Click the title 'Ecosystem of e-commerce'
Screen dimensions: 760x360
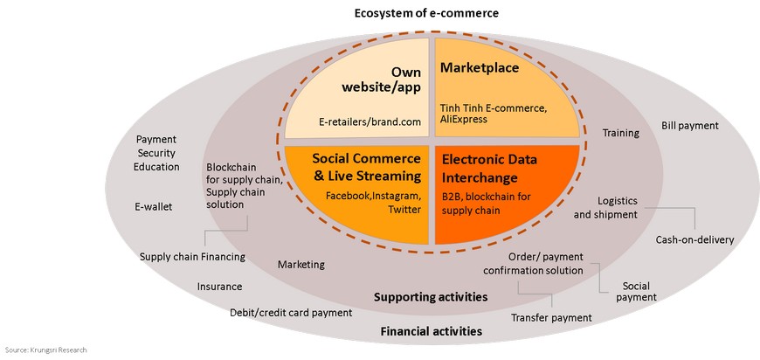click(x=426, y=13)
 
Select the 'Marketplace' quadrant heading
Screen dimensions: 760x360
click(x=479, y=68)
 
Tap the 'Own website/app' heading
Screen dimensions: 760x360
click(x=382, y=80)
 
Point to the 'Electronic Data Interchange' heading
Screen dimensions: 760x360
click(x=489, y=169)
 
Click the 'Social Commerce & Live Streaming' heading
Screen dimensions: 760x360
click(x=367, y=167)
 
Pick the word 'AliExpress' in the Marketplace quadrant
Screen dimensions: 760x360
click(x=464, y=119)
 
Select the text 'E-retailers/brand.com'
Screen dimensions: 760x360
click(x=370, y=121)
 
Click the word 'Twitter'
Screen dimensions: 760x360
click(x=404, y=210)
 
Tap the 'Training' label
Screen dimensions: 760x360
click(x=621, y=133)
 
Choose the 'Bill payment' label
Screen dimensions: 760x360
click(x=690, y=126)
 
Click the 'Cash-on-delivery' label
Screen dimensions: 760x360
click(x=695, y=239)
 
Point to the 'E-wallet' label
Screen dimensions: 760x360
click(x=153, y=207)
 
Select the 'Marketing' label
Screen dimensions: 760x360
click(x=301, y=265)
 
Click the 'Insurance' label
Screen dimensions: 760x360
click(x=219, y=287)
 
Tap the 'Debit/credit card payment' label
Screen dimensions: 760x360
click(x=291, y=313)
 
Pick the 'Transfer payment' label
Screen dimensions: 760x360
click(x=551, y=318)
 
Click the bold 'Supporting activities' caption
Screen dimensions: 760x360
click(x=431, y=296)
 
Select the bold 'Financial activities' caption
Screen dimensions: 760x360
click(x=432, y=331)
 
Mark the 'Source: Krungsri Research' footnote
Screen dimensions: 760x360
click(x=46, y=349)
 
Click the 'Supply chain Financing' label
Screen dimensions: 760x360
click(x=192, y=257)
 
